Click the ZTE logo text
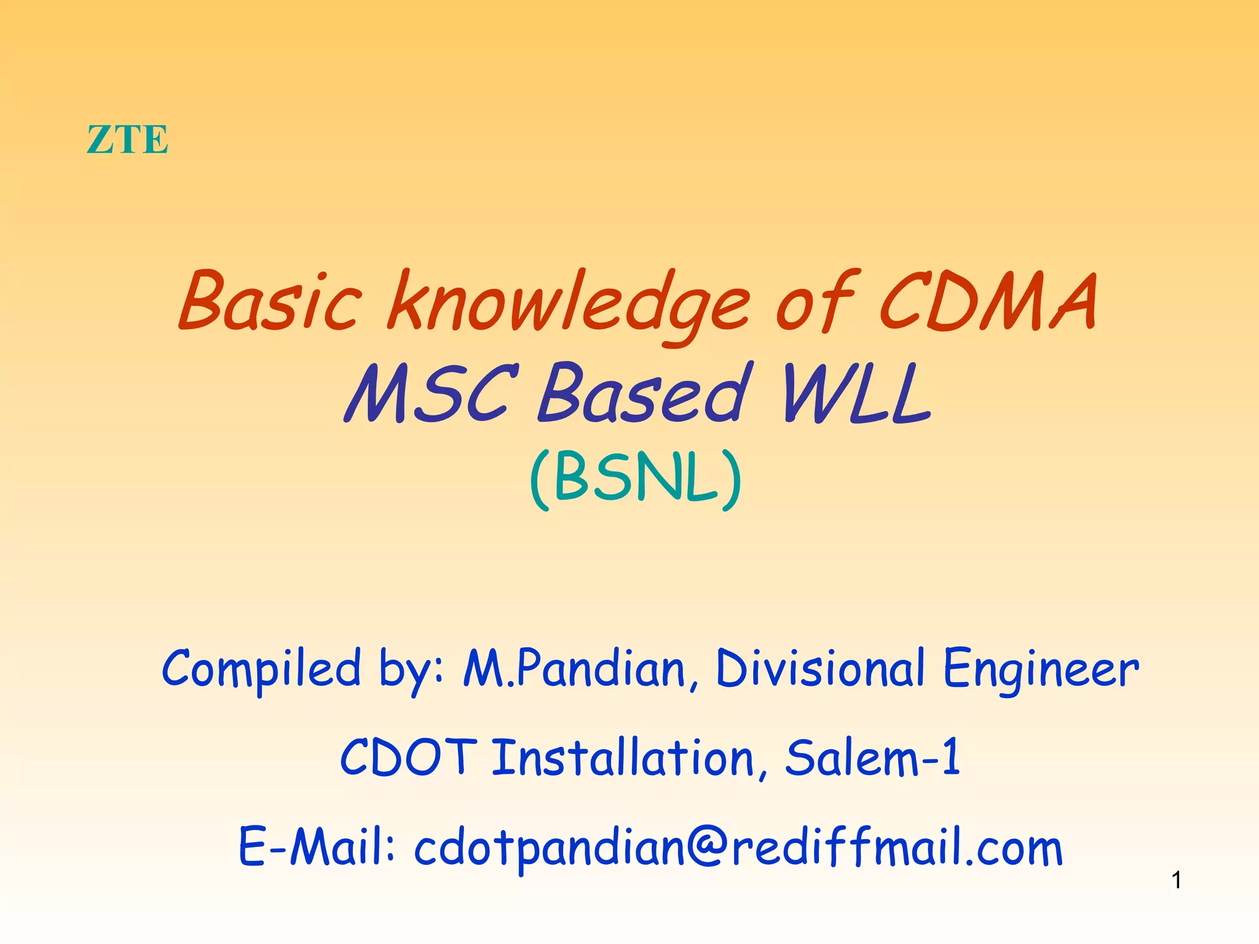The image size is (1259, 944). [127, 140]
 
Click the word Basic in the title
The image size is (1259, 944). [270, 301]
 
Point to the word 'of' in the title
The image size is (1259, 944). [815, 301]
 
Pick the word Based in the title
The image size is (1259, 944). [642, 393]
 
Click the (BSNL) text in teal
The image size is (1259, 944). [636, 479]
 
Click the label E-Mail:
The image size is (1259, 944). [317, 847]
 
